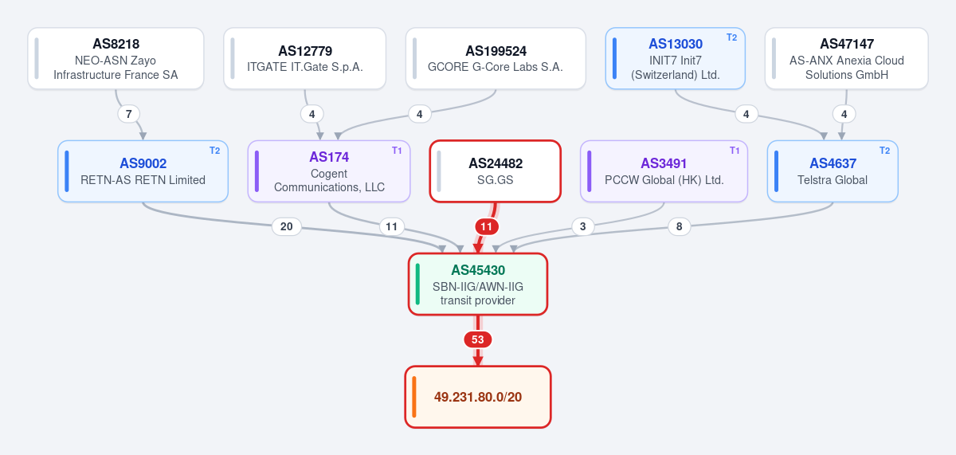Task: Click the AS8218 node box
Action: point(116,58)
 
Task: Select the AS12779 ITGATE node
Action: point(304,58)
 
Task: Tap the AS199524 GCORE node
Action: point(496,58)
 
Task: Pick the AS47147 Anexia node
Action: point(846,58)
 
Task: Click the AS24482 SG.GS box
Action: point(495,171)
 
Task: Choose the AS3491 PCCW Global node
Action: point(664,171)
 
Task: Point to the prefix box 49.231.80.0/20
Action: point(478,397)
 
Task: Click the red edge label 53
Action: point(477,339)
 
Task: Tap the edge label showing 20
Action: point(286,226)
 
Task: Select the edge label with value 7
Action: point(128,114)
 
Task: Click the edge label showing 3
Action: point(582,226)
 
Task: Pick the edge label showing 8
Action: point(679,226)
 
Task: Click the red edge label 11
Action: point(487,226)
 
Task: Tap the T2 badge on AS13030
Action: point(731,37)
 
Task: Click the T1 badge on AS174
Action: point(397,151)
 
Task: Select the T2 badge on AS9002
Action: point(214,151)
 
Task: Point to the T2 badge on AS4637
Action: point(885,151)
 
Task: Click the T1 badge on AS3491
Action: point(734,151)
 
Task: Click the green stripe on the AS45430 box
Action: point(417,284)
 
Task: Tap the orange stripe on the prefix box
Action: point(414,397)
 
